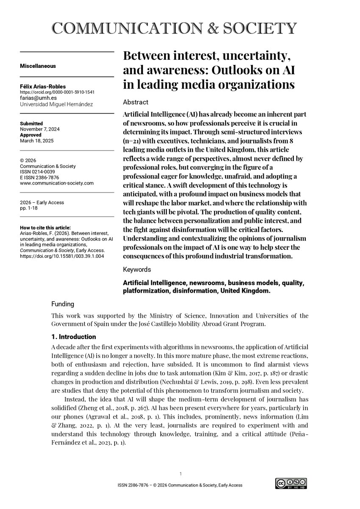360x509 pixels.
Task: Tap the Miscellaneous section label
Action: (x=38, y=66)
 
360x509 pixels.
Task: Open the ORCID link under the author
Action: (x=57, y=92)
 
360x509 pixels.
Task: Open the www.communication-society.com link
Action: (x=57, y=183)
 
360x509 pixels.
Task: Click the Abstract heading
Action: (x=135, y=102)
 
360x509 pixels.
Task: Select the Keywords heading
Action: (x=137, y=269)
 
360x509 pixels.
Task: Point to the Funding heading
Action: (x=62, y=304)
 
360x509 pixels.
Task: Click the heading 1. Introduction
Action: (x=73, y=337)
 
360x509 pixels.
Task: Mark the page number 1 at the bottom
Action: (x=181, y=474)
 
